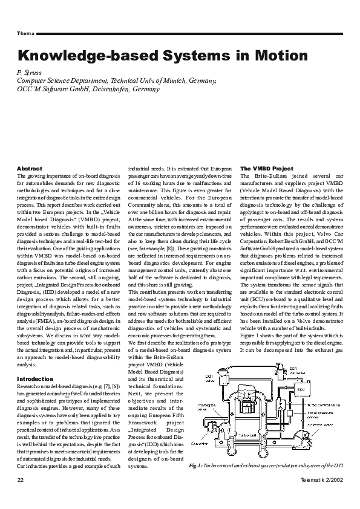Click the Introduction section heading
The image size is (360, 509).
coord(35,378)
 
